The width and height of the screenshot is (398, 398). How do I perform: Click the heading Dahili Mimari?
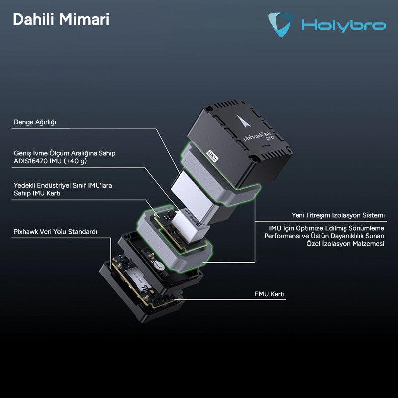[x=61, y=19]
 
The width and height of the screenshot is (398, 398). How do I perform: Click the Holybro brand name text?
[x=344, y=25]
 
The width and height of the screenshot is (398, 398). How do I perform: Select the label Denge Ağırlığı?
[x=35, y=122]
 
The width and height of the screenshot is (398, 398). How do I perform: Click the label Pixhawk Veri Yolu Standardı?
[x=55, y=232]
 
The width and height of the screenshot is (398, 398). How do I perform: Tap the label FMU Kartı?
[x=270, y=294]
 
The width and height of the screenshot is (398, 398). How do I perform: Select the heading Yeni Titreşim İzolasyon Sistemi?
[x=338, y=215]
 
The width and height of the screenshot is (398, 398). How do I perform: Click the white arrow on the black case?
[x=243, y=121]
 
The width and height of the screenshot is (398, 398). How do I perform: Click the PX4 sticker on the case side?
[x=212, y=156]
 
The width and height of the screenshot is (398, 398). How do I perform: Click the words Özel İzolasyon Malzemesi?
[x=345, y=244]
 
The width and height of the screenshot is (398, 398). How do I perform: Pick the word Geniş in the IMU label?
[x=22, y=153]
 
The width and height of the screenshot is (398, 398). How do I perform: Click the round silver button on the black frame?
[x=159, y=266]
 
